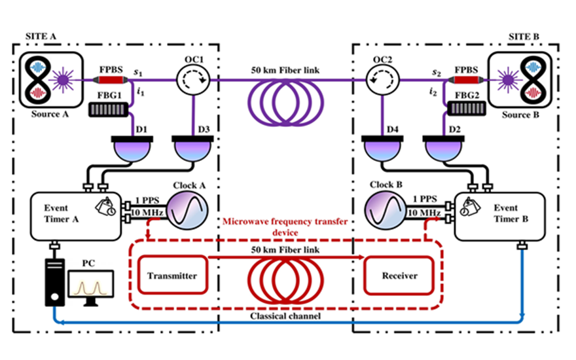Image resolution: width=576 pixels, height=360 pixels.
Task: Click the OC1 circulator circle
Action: (193, 80)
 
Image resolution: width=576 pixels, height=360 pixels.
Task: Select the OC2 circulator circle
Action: (382, 80)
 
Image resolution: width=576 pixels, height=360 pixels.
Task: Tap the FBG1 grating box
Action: (109, 109)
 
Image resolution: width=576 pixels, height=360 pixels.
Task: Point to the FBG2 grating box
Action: (467, 109)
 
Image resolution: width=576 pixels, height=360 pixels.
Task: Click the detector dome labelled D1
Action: (132, 149)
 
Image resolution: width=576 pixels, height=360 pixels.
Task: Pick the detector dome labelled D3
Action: (193, 149)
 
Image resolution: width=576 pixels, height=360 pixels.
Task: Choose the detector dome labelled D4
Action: (382, 149)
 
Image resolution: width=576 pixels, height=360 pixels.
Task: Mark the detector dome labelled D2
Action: (444, 149)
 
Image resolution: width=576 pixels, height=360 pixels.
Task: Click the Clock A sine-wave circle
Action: (188, 211)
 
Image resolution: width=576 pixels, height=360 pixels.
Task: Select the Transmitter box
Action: (173, 275)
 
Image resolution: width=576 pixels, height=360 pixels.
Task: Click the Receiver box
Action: (399, 276)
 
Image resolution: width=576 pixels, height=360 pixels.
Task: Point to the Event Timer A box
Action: (76, 217)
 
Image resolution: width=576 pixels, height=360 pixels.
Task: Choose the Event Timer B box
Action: (499, 216)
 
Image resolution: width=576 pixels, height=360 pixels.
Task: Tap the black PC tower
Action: (55, 282)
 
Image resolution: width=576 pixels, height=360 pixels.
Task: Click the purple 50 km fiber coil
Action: (285, 103)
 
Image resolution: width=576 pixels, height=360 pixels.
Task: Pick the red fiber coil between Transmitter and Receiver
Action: (285, 280)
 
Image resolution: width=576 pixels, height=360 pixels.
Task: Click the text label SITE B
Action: (524, 37)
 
